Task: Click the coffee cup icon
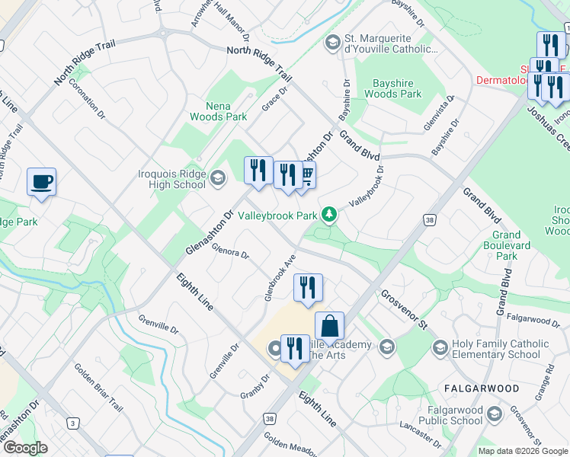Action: click(41, 182)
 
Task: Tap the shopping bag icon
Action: click(329, 325)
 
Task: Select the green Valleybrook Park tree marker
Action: click(329, 216)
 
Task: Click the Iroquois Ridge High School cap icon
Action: click(218, 178)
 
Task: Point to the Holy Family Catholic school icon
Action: click(440, 349)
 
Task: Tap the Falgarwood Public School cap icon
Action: click(494, 414)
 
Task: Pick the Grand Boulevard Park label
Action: click(505, 245)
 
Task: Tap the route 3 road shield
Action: click(73, 422)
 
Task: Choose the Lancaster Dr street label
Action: click(420, 438)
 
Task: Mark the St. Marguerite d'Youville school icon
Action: click(331, 43)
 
